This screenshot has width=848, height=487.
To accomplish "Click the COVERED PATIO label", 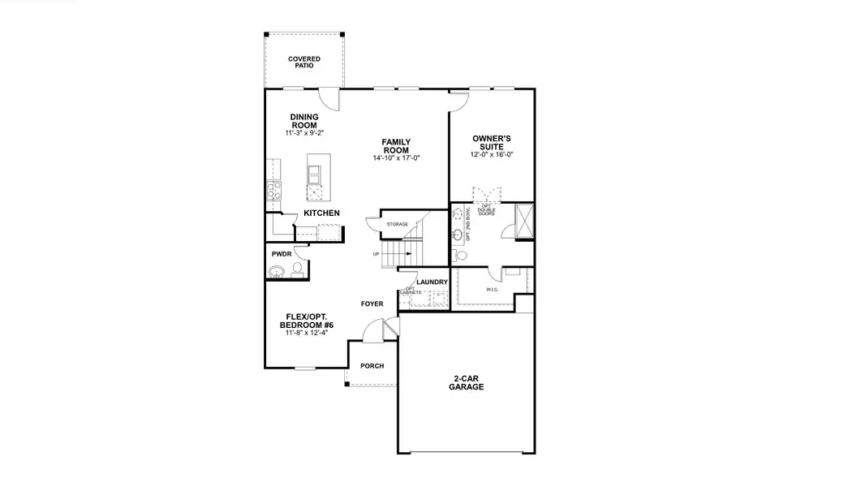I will point(304,62).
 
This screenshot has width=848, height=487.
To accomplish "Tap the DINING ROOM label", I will point(304,121).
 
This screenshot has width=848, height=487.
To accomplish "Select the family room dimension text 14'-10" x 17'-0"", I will point(396,157).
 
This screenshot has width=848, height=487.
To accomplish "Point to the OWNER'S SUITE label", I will point(492,143).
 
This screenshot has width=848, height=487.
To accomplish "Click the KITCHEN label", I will point(321,213).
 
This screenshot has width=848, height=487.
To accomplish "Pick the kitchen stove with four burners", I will point(273,191).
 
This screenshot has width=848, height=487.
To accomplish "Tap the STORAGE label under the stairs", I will point(397,224).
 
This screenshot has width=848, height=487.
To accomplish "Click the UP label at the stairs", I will point(376,254).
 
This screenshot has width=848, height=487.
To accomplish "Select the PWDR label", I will point(281,254).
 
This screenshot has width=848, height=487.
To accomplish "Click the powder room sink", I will point(279,272).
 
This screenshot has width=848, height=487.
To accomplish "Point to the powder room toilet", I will point(298,269).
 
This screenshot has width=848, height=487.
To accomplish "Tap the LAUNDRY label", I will point(432,282).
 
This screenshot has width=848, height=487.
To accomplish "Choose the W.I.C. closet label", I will point(493,289).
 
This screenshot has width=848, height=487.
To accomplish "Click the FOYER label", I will point(372,304).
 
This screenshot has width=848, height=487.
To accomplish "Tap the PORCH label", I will point(372,365).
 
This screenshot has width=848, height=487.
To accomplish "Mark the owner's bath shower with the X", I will point(525,220).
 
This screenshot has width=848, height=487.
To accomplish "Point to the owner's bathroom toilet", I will point(461,255).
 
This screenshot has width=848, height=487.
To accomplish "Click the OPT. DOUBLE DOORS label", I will point(487,209).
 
